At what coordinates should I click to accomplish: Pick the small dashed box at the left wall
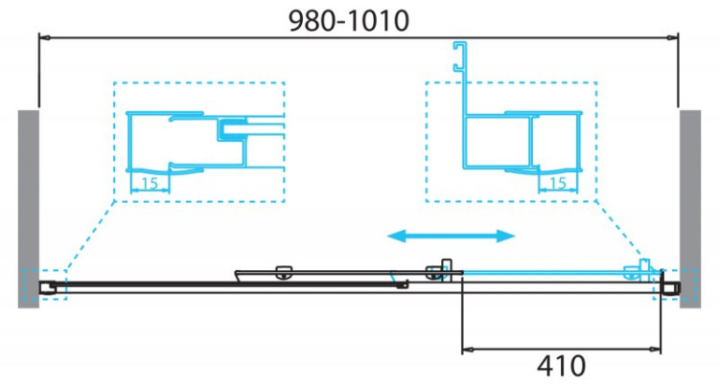tap(52, 285)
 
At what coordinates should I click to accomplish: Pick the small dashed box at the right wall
tap(665, 285)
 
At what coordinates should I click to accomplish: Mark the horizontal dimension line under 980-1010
tap(357, 38)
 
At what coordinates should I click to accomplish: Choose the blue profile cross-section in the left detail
tap(206, 144)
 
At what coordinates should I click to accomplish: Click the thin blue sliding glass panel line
tap(546, 272)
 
